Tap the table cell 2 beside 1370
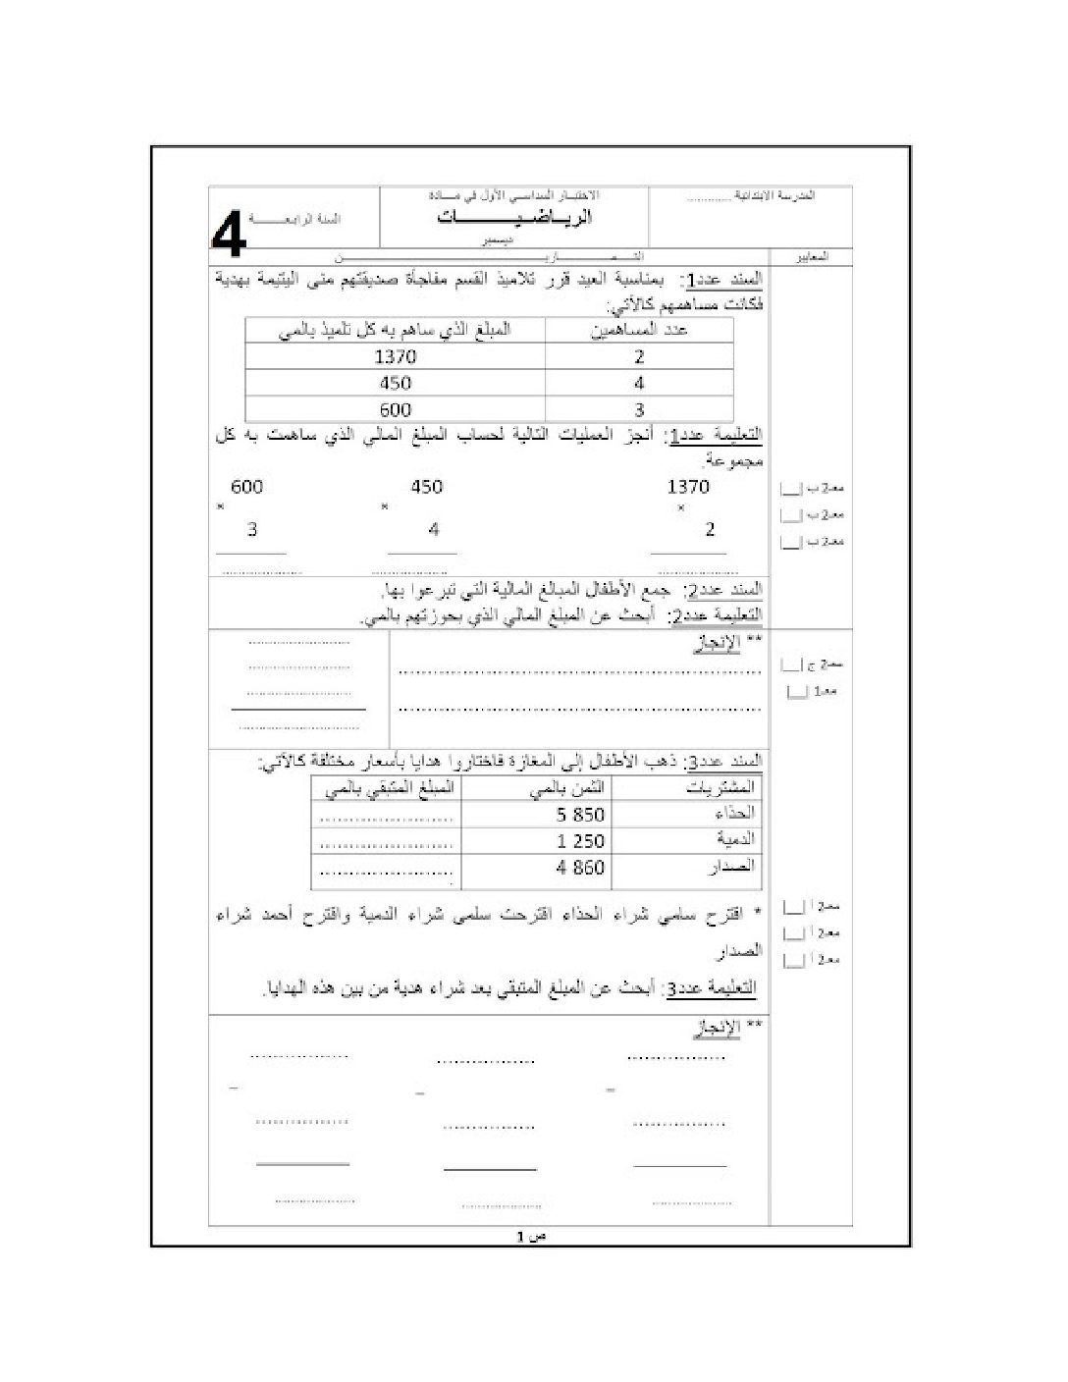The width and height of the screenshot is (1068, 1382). click(639, 357)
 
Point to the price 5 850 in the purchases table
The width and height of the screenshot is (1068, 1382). click(580, 815)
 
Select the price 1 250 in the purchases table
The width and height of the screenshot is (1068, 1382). click(580, 841)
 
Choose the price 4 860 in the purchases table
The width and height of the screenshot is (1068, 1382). click(580, 868)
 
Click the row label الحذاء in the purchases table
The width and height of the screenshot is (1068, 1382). click(735, 814)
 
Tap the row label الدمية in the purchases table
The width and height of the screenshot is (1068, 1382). click(735, 840)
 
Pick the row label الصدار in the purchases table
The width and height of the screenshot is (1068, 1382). click(732, 867)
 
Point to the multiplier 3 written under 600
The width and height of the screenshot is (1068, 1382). click(252, 530)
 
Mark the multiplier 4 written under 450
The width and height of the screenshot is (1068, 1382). click(434, 530)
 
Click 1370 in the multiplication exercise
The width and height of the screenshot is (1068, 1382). click(687, 487)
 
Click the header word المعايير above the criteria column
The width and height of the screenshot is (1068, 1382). click(811, 257)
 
